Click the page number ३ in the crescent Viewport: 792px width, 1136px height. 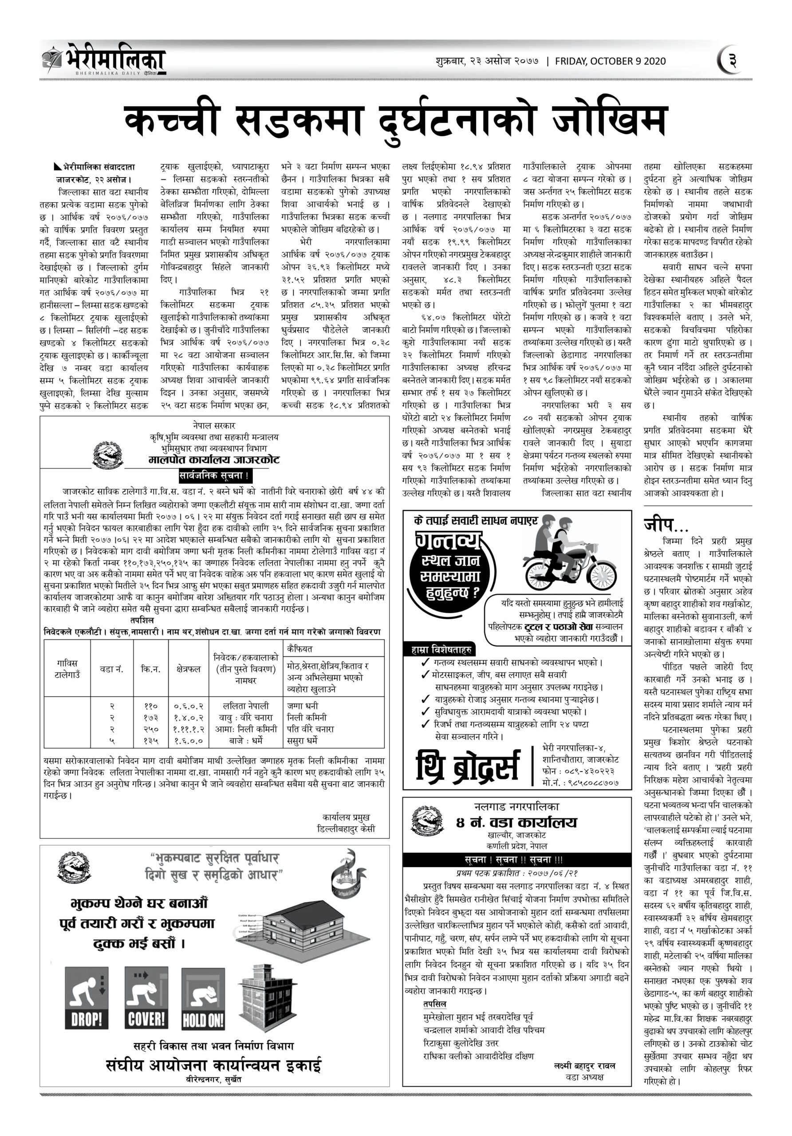pos(733,61)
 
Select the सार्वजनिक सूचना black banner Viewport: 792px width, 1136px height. pos(215,476)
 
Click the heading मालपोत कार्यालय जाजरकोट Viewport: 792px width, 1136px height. pos(214,460)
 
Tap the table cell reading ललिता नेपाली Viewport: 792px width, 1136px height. pos(246,706)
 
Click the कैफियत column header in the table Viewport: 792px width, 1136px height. pos(300,649)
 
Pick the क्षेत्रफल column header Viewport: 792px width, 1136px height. pos(188,669)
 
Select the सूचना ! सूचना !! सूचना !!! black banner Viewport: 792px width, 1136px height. pos(516,860)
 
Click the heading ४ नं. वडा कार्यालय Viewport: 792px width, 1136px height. pos(516,822)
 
